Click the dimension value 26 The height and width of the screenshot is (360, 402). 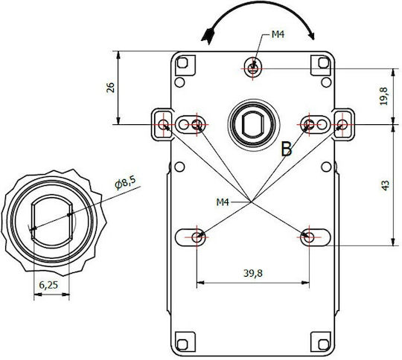click(x=110, y=88)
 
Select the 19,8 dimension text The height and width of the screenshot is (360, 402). click(x=384, y=96)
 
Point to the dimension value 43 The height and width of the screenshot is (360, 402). click(x=385, y=185)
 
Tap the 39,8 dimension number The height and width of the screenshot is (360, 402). click(x=253, y=273)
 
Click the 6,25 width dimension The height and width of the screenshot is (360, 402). click(x=48, y=285)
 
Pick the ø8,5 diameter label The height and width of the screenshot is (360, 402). click(x=125, y=182)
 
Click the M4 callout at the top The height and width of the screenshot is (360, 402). click(x=278, y=34)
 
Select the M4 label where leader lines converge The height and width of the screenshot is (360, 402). click(x=223, y=202)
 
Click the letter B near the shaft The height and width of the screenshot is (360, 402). click(x=287, y=149)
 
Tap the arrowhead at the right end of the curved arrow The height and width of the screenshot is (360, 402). click(x=311, y=36)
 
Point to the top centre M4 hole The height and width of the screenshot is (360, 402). click(x=253, y=68)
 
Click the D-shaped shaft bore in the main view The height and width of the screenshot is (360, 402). click(x=253, y=125)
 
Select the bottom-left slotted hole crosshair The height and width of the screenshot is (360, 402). click(x=197, y=237)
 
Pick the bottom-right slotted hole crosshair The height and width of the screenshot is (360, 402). click(x=309, y=237)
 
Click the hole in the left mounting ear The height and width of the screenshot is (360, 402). click(x=163, y=125)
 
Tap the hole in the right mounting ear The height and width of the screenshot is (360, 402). click(x=342, y=125)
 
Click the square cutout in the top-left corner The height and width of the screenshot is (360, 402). click(x=182, y=62)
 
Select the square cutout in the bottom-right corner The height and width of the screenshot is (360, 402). click(x=323, y=344)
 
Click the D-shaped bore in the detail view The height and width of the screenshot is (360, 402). click(x=52, y=221)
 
